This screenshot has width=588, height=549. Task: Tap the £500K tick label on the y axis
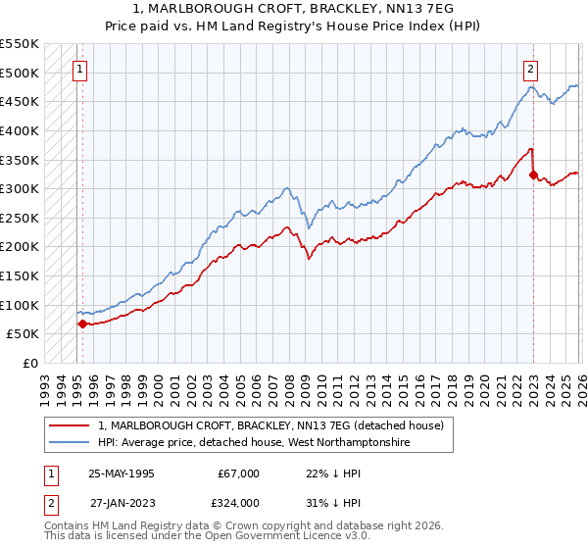pos(20,73)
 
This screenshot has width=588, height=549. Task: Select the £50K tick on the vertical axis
pos(24,334)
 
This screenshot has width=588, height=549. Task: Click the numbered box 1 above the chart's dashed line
pos(79,70)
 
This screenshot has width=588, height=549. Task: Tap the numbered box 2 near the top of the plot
pos(530,70)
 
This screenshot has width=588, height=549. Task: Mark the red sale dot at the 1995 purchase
pos(83,324)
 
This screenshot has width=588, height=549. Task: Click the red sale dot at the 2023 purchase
pos(533,175)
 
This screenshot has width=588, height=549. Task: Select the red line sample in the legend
pos(71,425)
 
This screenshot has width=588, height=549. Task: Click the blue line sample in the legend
pos(71,442)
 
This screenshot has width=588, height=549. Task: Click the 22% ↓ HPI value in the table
pos(312,473)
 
